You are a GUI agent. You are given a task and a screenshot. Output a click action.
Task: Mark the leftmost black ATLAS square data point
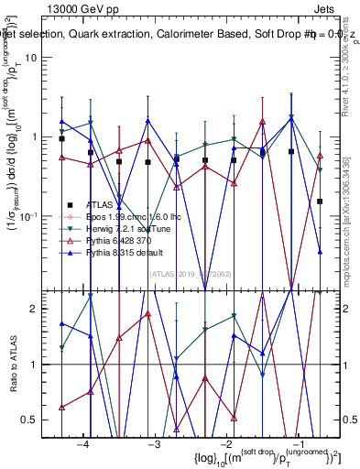coord(61,139)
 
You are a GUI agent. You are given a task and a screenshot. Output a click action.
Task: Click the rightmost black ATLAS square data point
coord(320,201)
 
